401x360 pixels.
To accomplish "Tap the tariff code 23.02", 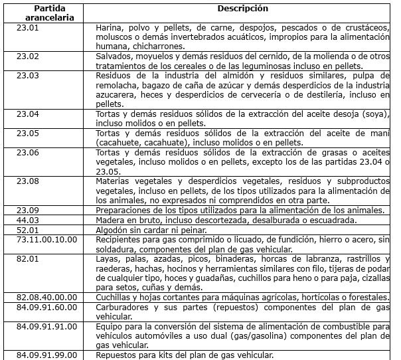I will pos(29,56).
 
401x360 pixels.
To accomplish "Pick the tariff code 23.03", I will pos(29,76).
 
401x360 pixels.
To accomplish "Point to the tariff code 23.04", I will pos(29,114).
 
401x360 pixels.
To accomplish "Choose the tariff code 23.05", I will pos(29,133).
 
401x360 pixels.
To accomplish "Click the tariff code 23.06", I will pos(29,152).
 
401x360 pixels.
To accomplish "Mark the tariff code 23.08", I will pos(29,181).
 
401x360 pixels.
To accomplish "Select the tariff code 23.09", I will pos(29,210).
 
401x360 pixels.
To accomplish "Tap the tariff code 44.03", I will pos(29,219).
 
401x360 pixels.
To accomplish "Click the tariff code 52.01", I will pos(29,229).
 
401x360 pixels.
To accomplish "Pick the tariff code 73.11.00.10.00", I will pos(47,238).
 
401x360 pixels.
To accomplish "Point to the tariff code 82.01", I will pos(29,258).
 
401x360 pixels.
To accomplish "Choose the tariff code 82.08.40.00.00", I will pos(47,297).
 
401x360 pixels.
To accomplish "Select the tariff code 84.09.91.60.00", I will pos(47,306).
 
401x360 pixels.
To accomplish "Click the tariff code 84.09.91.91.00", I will pos(47,325).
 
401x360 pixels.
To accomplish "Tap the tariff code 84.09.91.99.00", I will pos(47,354).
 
